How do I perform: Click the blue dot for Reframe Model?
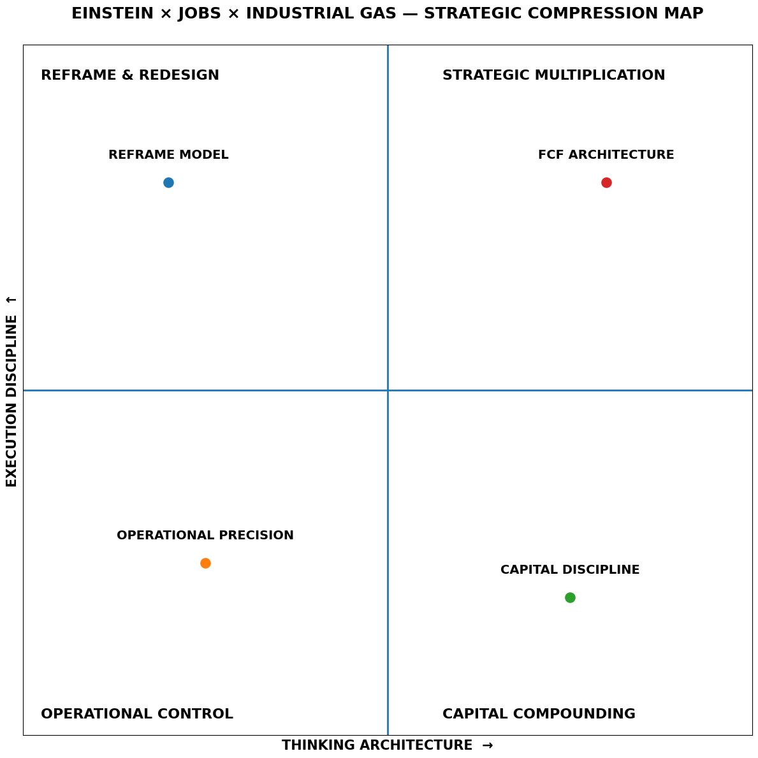[x=168, y=182]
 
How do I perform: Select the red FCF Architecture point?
[x=606, y=182]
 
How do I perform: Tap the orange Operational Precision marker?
[x=205, y=563]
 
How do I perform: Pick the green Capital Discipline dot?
[x=570, y=597]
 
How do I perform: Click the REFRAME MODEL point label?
[x=168, y=155]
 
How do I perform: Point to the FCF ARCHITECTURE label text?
[x=606, y=155]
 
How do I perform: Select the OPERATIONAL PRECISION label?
[x=205, y=536]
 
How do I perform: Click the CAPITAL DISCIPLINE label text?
[x=570, y=570]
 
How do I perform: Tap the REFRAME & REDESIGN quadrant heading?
[x=130, y=75]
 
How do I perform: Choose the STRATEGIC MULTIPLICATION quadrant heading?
[x=553, y=75]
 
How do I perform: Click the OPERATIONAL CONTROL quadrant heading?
[x=137, y=714]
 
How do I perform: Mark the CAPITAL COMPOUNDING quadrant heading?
[x=539, y=714]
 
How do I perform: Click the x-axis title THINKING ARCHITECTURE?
[x=377, y=745]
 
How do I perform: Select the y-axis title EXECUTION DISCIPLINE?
[x=11, y=400]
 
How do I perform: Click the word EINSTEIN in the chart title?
[x=112, y=13]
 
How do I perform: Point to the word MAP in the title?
[x=686, y=13]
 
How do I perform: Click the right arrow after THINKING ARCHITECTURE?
[x=488, y=745]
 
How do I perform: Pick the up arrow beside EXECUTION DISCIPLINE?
[x=11, y=300]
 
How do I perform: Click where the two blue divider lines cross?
[x=388, y=390]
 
